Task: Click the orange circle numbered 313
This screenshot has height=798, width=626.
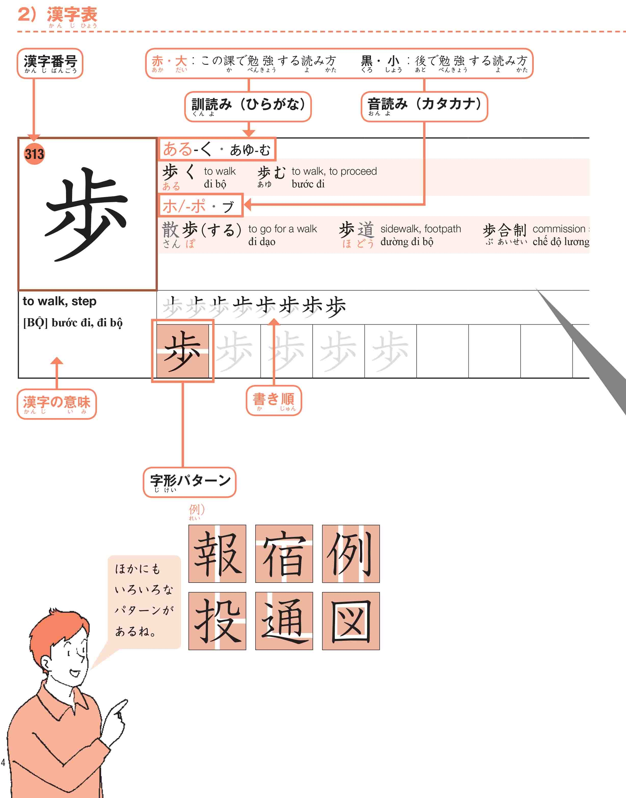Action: [34, 154]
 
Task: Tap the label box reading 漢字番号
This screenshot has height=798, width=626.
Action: [50, 63]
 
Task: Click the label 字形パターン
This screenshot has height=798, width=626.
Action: [190, 482]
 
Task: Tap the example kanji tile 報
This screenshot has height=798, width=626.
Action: [217, 554]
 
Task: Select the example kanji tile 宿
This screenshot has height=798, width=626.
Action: [284, 554]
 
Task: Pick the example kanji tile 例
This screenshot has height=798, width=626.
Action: [351, 554]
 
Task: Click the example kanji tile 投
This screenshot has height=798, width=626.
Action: [217, 621]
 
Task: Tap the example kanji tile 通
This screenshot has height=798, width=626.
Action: [284, 621]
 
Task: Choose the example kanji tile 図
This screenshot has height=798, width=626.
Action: [351, 621]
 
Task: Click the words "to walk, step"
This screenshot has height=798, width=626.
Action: [59, 301]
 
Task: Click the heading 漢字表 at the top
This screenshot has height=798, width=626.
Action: [72, 15]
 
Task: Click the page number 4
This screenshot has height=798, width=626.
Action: [3, 762]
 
